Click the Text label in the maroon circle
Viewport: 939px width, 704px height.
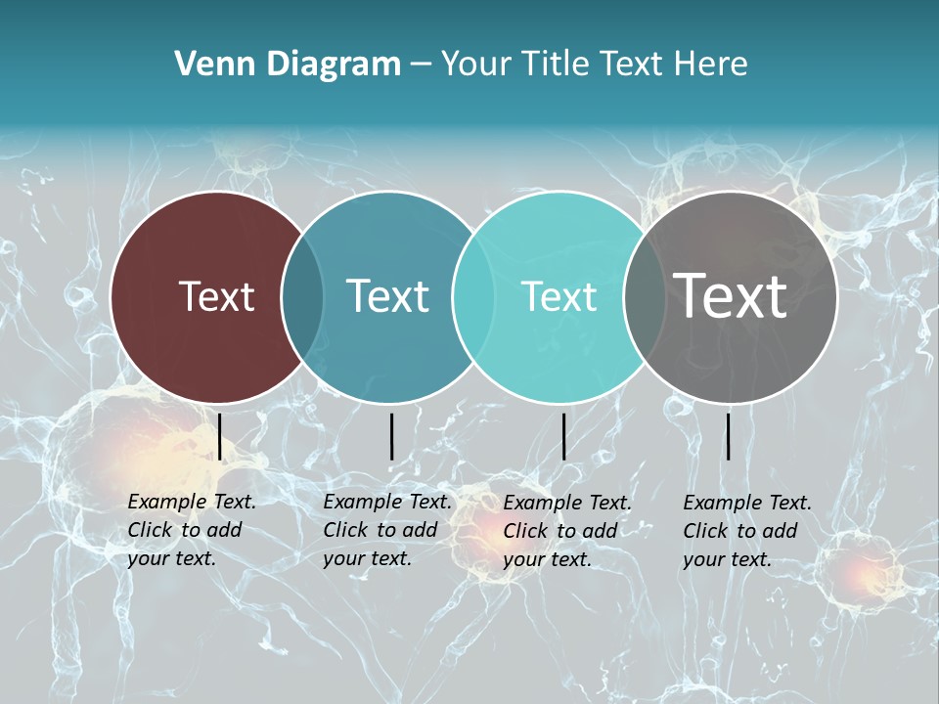pos(216,296)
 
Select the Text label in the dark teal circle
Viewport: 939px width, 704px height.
pos(387,296)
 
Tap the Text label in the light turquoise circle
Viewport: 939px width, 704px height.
pos(559,296)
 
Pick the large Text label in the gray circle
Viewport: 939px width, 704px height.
pos(731,296)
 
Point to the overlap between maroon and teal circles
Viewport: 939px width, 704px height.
pos(302,297)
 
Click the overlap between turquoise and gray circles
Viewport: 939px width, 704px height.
pos(645,297)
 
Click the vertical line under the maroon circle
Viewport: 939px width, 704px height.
pos(219,436)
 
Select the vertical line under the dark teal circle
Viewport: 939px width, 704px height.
pos(391,436)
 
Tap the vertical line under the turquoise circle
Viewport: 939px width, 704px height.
pos(563,436)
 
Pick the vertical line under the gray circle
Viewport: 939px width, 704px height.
pos(728,436)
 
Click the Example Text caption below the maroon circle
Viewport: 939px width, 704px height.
pos(191,530)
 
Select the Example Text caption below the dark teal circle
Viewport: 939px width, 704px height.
pos(386,530)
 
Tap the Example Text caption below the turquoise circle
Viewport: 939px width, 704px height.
pos(566,531)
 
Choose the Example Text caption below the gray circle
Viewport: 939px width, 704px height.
pos(746,531)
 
